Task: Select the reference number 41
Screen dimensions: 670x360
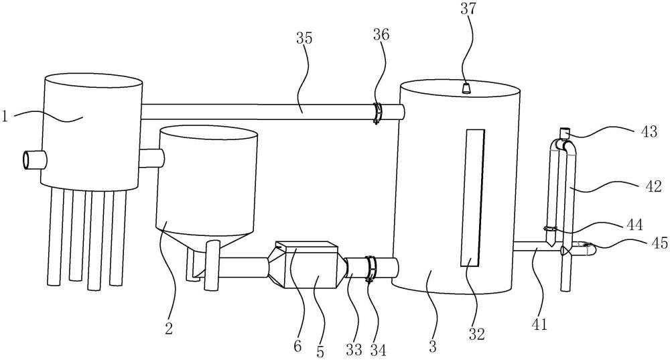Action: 539,325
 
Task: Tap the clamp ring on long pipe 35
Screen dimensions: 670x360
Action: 377,113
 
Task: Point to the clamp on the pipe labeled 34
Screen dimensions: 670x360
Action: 369,269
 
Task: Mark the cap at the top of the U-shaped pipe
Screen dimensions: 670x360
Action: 564,132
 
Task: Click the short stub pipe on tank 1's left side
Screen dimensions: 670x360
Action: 32,160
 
